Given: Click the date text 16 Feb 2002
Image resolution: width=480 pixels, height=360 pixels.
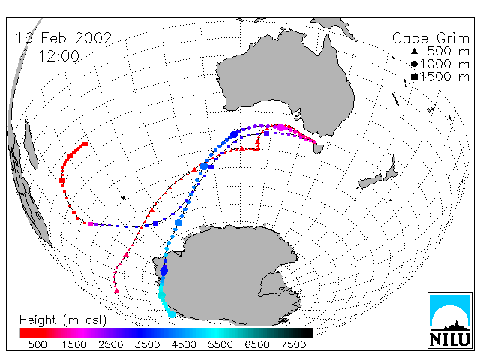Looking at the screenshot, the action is click(x=64, y=38).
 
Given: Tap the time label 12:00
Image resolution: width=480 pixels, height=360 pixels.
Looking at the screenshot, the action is click(x=58, y=56).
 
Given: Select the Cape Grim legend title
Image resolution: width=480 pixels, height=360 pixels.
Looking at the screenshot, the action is click(x=430, y=39).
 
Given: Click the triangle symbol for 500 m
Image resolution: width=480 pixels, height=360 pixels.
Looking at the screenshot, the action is click(x=414, y=51).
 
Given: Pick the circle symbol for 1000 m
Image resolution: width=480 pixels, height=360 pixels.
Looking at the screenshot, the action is click(x=414, y=64).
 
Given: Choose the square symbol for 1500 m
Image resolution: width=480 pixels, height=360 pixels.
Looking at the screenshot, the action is click(x=414, y=76).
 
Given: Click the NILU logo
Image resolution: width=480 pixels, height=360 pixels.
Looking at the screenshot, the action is click(x=450, y=320).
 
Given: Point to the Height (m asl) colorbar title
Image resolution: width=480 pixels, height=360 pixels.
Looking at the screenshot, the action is click(x=63, y=320).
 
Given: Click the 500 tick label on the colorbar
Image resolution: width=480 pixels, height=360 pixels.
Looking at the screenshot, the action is click(x=37, y=345).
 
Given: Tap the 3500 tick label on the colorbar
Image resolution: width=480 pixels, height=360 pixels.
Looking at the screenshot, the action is click(x=147, y=345).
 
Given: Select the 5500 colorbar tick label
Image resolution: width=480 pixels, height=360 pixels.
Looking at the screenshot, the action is click(x=220, y=345).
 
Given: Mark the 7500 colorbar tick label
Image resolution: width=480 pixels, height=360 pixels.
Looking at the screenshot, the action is click(x=293, y=345).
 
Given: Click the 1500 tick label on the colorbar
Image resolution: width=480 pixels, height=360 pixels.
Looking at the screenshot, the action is click(x=74, y=345).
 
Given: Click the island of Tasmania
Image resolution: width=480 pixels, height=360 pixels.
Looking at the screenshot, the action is click(x=318, y=148).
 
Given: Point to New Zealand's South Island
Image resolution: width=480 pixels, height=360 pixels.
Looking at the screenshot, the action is click(x=371, y=182).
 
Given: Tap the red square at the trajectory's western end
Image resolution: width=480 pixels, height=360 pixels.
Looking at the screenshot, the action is click(x=85, y=144).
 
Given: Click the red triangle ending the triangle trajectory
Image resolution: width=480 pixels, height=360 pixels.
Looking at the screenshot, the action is click(x=116, y=290).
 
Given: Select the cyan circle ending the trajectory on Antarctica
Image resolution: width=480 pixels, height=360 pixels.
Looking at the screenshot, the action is click(x=172, y=314).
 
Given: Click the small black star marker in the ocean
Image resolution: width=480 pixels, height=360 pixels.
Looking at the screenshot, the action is click(x=123, y=198).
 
